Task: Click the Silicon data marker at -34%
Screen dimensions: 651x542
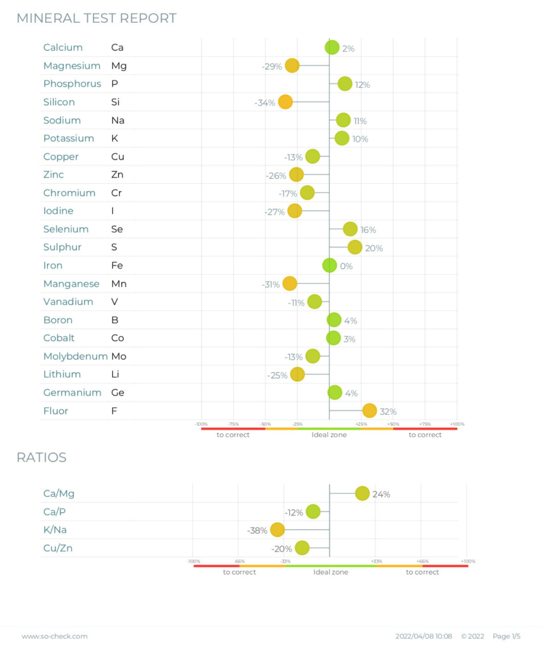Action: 285,102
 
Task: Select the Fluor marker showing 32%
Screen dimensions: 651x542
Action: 369,411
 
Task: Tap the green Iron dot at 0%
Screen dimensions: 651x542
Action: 329,265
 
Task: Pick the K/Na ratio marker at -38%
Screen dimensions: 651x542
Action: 277,529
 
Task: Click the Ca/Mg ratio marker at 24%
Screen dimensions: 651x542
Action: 362,493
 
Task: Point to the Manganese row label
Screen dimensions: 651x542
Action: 71,284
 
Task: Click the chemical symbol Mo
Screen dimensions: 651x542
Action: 119,356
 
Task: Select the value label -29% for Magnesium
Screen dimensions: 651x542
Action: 271,66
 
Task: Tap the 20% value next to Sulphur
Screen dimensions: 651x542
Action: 374,248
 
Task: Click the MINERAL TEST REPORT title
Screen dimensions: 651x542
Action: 97,18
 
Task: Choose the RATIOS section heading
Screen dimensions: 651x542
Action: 41,458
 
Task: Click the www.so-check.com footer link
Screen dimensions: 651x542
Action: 55,636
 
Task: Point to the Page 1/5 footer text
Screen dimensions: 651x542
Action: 506,636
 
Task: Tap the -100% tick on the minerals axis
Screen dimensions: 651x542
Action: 201,424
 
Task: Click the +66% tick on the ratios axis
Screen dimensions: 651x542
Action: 423,561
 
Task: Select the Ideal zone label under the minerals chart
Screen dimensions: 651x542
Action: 329,435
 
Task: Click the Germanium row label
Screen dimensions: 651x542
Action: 72,393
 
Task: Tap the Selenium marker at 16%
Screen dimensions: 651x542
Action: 350,229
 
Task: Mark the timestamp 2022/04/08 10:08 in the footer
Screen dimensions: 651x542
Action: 423,636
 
